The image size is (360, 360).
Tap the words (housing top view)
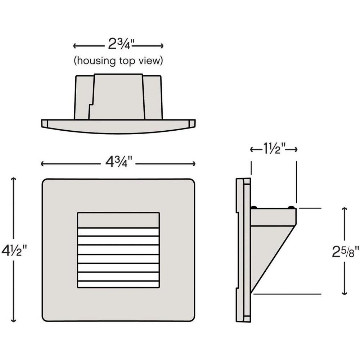(118, 61)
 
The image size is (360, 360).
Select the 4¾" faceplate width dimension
(119, 162)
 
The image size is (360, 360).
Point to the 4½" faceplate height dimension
(14, 250)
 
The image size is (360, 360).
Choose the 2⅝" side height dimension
(345, 252)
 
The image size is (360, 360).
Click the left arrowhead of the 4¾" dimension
(42, 164)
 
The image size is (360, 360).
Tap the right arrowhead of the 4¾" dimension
(194, 164)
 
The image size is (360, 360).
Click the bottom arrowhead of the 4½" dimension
(14, 320)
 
